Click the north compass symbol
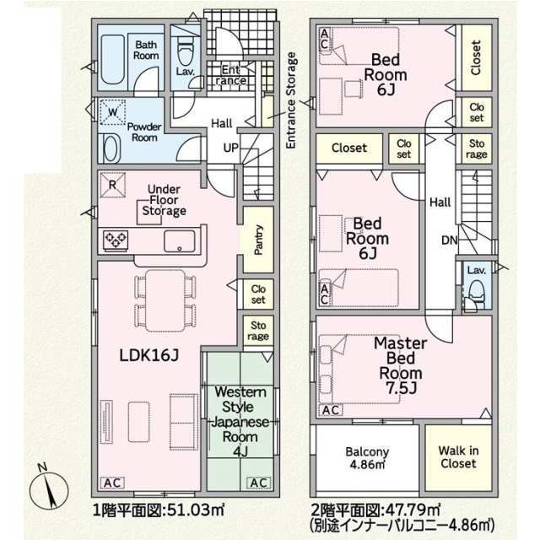point(49,489)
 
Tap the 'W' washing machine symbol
point(112,111)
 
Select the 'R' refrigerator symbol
point(112,185)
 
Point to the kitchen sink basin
point(179,241)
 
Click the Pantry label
point(258,240)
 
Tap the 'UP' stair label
point(230,148)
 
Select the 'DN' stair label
point(450,240)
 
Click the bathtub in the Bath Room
point(112,59)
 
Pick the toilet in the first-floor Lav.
point(186,51)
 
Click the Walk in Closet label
point(458,457)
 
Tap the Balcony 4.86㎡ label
point(367,457)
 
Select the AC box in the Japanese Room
point(259,483)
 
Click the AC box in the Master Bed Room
point(331,410)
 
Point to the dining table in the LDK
point(165,300)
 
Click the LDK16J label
point(149,355)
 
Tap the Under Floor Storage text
point(164,200)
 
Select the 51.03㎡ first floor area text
point(196,510)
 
